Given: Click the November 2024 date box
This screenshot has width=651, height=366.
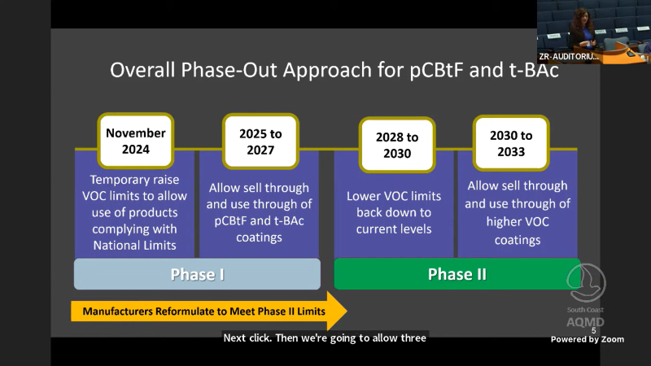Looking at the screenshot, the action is pyautogui.click(x=136, y=141).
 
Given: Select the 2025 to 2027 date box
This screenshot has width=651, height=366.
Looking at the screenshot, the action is pyautogui.click(x=260, y=142).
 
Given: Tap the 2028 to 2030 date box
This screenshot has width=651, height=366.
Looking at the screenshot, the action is pyautogui.click(x=397, y=145).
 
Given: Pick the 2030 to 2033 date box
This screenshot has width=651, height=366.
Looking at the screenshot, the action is pyautogui.click(x=511, y=143).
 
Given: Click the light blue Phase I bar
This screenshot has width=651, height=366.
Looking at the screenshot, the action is pyautogui.click(x=197, y=274).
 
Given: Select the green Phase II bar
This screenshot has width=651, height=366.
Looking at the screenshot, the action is pyautogui.click(x=457, y=274).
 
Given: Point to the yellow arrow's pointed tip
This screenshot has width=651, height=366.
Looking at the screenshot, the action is pyautogui.click(x=347, y=311).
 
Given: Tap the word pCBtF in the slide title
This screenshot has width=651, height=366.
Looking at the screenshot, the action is pyautogui.click(x=437, y=70).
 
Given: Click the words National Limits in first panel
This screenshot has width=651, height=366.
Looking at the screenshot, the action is pyautogui.click(x=134, y=246).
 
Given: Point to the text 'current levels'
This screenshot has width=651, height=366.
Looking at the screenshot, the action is pyautogui.click(x=394, y=229).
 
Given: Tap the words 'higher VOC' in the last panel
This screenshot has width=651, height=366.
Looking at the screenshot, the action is pyautogui.click(x=518, y=221).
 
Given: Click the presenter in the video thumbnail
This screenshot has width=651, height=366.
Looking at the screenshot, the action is pyautogui.click(x=583, y=29).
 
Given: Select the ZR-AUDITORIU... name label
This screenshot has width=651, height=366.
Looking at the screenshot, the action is pyautogui.click(x=569, y=57).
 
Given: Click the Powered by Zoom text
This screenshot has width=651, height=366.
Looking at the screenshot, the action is pyautogui.click(x=587, y=339).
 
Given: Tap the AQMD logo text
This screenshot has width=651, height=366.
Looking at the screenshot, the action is pyautogui.click(x=585, y=322).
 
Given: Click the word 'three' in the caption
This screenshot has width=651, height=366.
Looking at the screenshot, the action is pyautogui.click(x=413, y=338).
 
